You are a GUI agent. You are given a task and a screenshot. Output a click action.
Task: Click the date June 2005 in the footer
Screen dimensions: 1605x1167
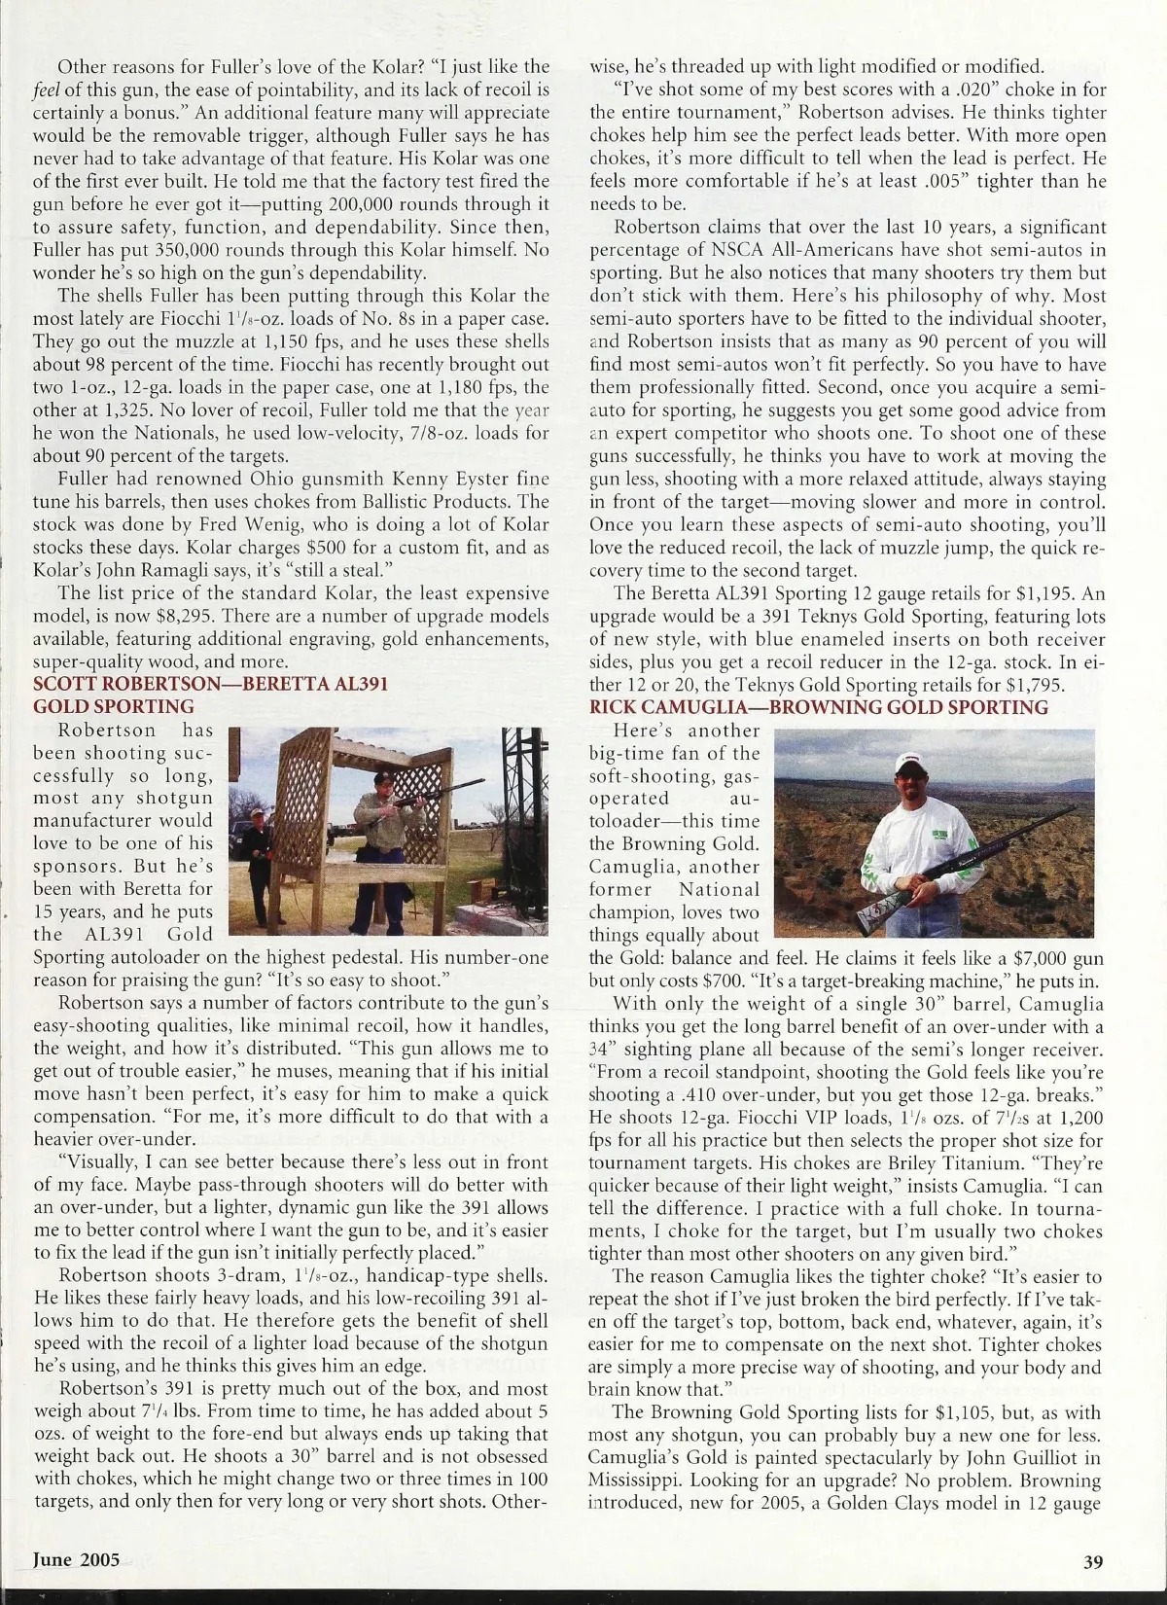pyautogui.click(x=77, y=1559)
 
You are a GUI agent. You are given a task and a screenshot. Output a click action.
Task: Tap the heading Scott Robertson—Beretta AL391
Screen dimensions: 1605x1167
pyautogui.click(x=210, y=684)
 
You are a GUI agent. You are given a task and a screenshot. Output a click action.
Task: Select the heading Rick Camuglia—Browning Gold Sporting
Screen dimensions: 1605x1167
pyautogui.click(x=819, y=707)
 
